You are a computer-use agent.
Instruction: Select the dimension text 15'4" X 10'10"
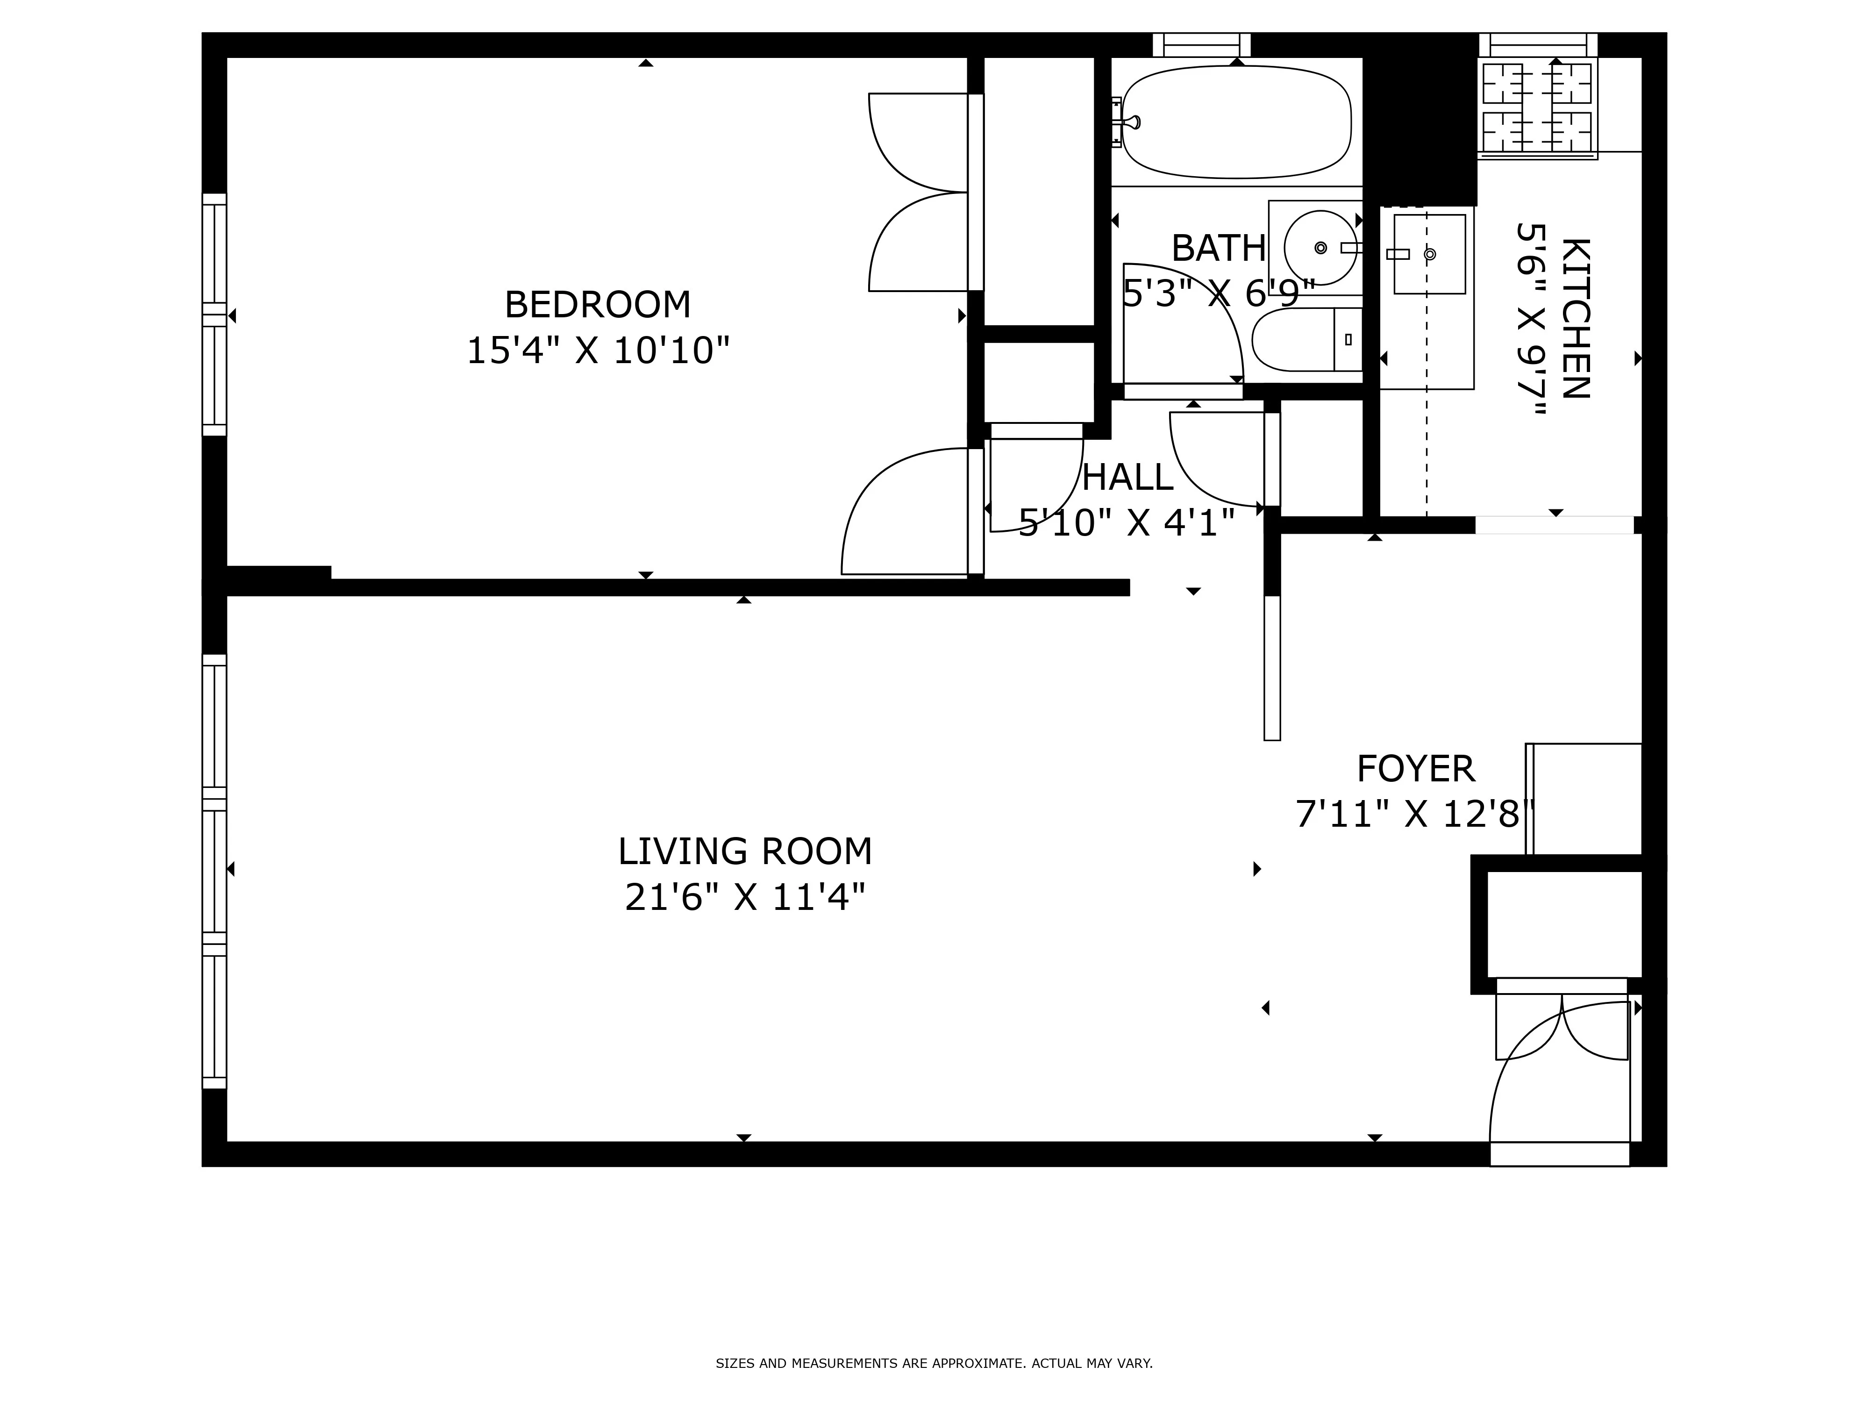(x=597, y=350)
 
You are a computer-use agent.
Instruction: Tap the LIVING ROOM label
(x=744, y=852)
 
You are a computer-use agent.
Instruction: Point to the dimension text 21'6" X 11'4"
(x=744, y=897)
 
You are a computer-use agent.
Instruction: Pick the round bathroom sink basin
(x=1320, y=248)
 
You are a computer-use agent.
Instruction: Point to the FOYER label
(x=1415, y=770)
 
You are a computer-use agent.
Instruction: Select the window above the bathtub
(x=1201, y=45)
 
